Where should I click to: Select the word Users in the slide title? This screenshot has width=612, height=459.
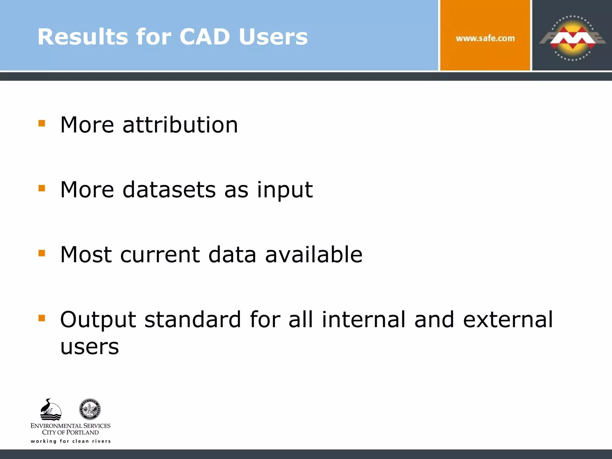[x=273, y=37]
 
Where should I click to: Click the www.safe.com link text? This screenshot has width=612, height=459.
[x=485, y=38]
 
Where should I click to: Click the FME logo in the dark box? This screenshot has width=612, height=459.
[x=572, y=38]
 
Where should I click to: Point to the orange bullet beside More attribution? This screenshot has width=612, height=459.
[x=42, y=123]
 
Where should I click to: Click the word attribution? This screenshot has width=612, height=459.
[x=180, y=125]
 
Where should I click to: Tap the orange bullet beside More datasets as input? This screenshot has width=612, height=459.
[x=42, y=188]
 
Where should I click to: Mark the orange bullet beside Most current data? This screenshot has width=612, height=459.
[x=42, y=253]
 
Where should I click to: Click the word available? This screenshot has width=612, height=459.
[x=314, y=254]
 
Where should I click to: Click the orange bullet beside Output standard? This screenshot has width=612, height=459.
[x=42, y=318]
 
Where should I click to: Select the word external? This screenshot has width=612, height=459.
[x=508, y=319]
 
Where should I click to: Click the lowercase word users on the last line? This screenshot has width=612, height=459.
[x=90, y=347]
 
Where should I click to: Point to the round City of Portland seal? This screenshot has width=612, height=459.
[x=90, y=409]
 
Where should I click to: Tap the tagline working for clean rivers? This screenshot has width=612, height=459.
[x=71, y=441]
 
